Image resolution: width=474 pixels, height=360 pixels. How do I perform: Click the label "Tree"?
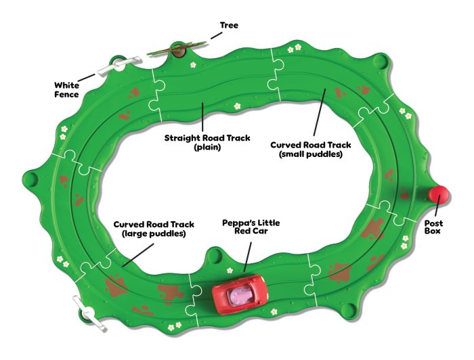pyautogui.click(x=229, y=25)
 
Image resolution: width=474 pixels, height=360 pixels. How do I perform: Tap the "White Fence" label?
pyautogui.click(x=67, y=90)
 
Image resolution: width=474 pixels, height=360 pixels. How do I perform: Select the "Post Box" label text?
pyautogui.click(x=433, y=227)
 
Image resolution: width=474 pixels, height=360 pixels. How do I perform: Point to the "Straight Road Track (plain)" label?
pyautogui.click(x=207, y=141)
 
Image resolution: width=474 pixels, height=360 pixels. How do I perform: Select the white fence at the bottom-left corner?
pyautogui.click(x=87, y=313)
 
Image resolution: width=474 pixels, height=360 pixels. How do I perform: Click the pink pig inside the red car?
pyautogui.click(x=238, y=294)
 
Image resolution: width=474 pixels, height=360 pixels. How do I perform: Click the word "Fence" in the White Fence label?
pyautogui.click(x=67, y=95)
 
